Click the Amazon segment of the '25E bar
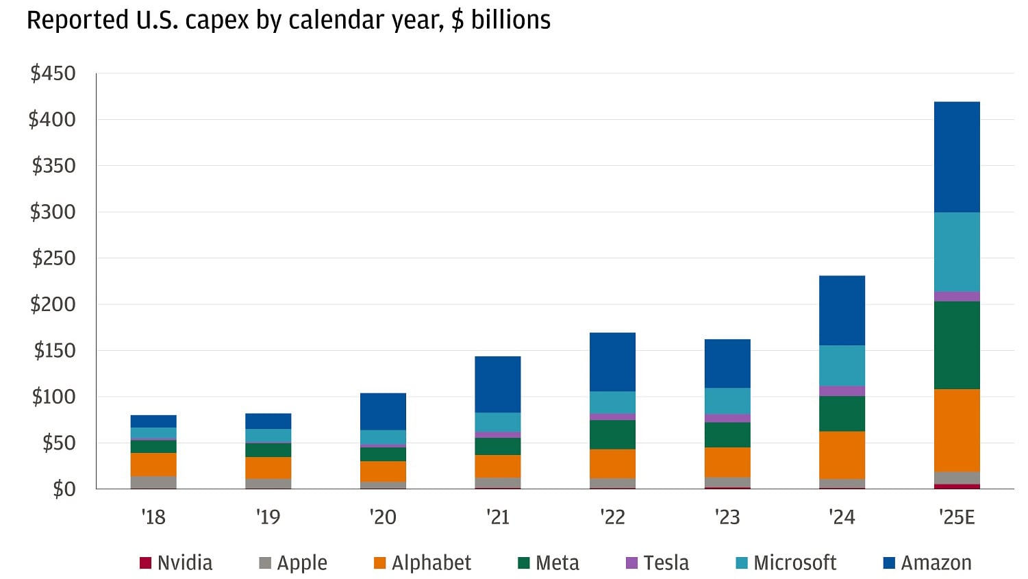(x=957, y=157)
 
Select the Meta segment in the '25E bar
(x=957, y=345)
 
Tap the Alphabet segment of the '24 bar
(x=842, y=455)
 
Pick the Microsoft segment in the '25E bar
(x=957, y=252)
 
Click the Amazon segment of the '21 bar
(x=497, y=384)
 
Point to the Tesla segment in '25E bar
(x=957, y=297)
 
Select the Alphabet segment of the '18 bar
(x=153, y=465)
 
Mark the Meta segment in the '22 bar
(x=612, y=434)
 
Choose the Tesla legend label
(x=666, y=563)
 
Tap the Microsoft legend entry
(x=794, y=563)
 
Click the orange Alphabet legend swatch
(x=379, y=563)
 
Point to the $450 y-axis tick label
(x=53, y=73)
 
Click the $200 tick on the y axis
(x=53, y=304)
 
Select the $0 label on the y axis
(x=64, y=489)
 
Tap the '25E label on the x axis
(x=957, y=517)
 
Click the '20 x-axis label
(x=382, y=517)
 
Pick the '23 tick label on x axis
(x=727, y=517)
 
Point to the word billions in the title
(x=510, y=21)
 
